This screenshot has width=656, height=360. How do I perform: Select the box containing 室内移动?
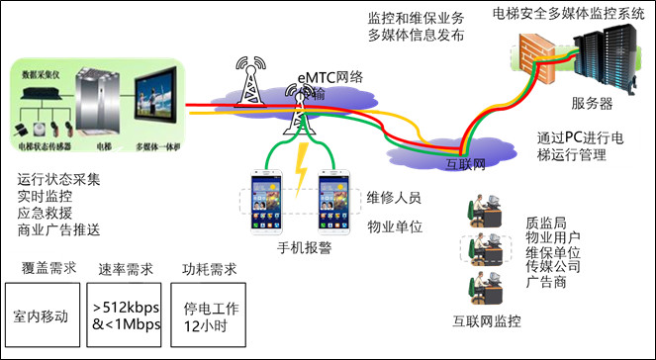pyautogui.click(x=42, y=315)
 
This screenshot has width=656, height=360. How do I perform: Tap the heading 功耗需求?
pyautogui.click(x=209, y=268)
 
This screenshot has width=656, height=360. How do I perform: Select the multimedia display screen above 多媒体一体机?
pyautogui.click(x=156, y=103)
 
